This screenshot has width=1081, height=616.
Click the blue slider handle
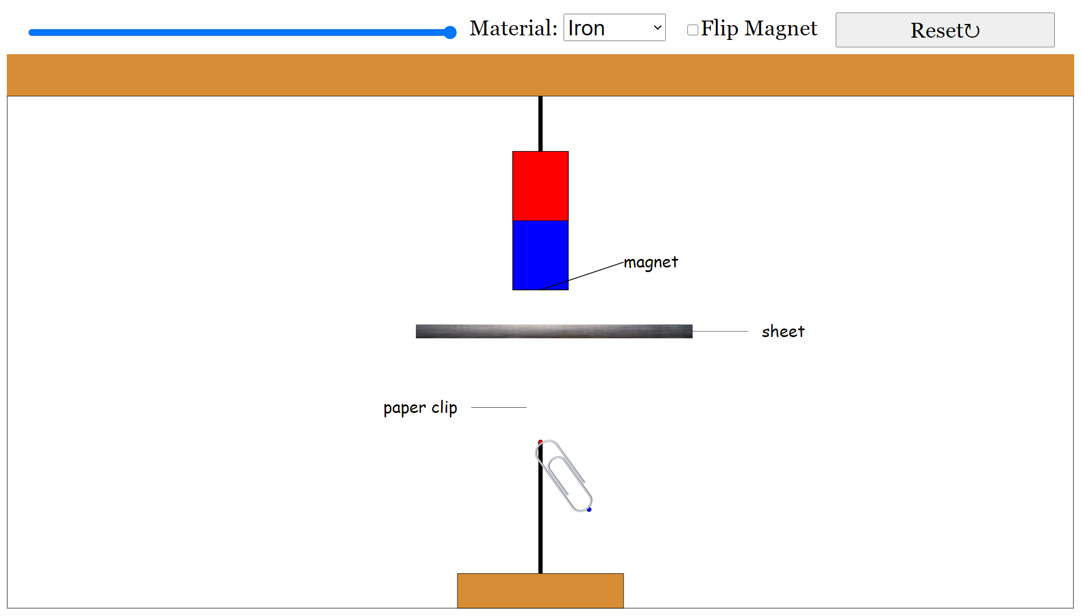click(x=450, y=33)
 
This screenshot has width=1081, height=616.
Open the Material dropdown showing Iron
click(x=614, y=28)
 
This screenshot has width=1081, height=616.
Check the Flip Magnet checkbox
click(x=693, y=30)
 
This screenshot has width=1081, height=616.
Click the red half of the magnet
click(x=540, y=186)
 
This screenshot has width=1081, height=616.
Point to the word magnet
click(x=651, y=262)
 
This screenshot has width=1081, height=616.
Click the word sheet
click(x=783, y=331)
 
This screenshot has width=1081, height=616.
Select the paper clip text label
click(x=420, y=408)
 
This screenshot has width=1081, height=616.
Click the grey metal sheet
click(x=553, y=331)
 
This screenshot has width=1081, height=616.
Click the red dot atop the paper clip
click(x=540, y=442)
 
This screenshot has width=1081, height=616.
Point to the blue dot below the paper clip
click(x=589, y=509)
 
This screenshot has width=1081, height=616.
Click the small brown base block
click(x=540, y=590)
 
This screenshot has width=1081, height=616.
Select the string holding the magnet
click(x=540, y=123)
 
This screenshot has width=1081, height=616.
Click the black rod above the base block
click(x=540, y=542)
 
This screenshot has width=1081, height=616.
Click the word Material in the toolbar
click(x=513, y=29)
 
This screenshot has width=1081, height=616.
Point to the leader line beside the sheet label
click(x=720, y=331)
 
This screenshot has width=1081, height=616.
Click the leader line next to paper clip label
click(x=499, y=408)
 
